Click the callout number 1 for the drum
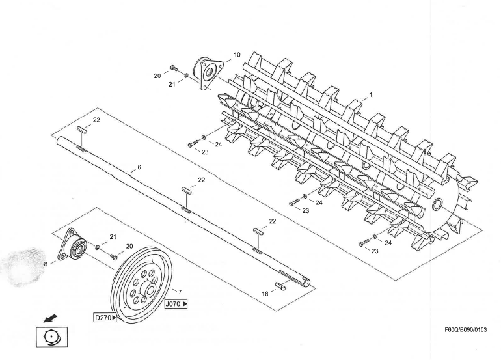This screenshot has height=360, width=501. coord(371,94)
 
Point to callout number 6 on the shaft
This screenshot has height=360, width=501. coord(139,167)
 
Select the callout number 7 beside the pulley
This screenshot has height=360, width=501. coord(180,292)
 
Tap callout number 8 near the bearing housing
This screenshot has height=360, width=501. coord(46,264)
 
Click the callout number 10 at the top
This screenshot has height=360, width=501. coord(237,55)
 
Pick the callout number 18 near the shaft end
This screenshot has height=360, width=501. coord(265,294)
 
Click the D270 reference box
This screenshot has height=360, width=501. coord(105,318)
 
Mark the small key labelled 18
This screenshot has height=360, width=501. coord(283,286)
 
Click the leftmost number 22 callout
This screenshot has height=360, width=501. coord(96,120)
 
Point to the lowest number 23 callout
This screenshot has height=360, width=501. coord(375,251)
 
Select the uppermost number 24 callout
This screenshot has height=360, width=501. coord(219,145)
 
